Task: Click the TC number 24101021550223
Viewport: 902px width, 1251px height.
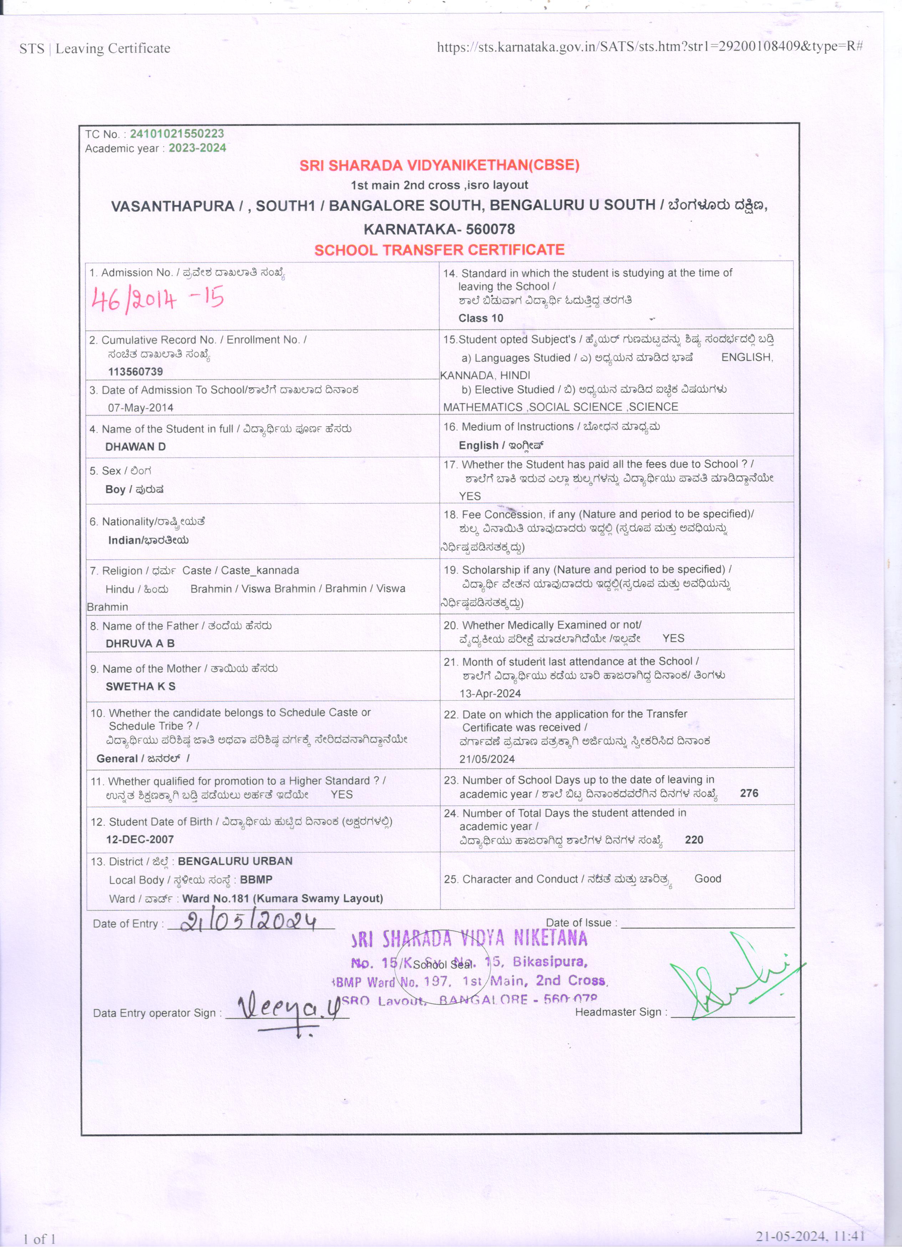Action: click(177, 134)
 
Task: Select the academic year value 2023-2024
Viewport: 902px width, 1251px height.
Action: click(197, 148)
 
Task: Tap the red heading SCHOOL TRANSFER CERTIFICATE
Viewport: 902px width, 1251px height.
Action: click(439, 250)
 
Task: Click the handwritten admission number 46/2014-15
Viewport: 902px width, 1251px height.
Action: click(158, 300)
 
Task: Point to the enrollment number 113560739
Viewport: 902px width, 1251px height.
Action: click(135, 372)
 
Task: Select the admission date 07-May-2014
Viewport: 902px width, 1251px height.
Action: click(140, 408)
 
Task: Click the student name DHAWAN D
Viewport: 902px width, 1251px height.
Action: click(135, 447)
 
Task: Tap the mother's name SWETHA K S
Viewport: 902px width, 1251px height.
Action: click(140, 686)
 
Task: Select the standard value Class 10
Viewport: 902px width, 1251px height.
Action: click(481, 318)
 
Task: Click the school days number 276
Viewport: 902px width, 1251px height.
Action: click(749, 793)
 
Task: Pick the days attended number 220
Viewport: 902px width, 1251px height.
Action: click(694, 839)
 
